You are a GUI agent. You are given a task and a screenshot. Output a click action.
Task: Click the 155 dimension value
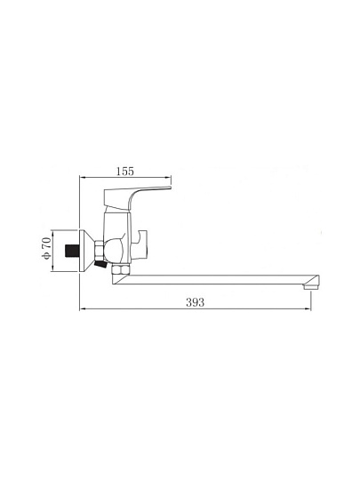click(125, 172)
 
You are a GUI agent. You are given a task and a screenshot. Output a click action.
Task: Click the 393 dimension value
click(195, 302)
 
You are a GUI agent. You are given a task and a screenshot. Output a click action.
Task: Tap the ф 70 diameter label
click(46, 248)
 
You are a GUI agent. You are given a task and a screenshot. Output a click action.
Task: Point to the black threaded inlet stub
click(71, 251)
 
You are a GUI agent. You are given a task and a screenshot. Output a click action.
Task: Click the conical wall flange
click(86, 251)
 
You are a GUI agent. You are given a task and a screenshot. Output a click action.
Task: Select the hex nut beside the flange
click(100, 251)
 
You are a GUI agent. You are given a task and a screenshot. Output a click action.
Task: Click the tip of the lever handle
click(170, 187)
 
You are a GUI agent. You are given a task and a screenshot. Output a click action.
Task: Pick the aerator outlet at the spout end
click(311, 287)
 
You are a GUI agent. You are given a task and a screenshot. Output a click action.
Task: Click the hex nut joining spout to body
click(121, 269)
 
